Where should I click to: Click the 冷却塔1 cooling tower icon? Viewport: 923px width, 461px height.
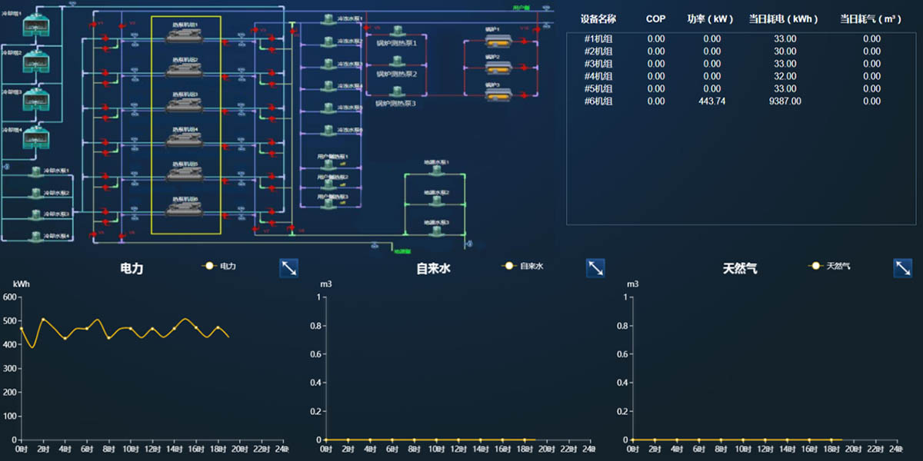(x=35, y=26)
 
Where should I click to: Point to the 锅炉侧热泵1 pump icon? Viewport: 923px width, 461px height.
(x=397, y=32)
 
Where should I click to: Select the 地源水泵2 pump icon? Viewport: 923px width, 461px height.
(x=436, y=201)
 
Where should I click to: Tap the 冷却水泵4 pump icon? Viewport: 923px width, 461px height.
(x=35, y=236)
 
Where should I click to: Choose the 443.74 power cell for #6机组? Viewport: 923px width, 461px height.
(x=711, y=101)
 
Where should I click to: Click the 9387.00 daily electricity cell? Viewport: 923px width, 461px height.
(x=785, y=101)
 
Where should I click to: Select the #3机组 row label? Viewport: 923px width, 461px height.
(x=598, y=64)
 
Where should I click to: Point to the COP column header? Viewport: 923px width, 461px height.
(x=655, y=18)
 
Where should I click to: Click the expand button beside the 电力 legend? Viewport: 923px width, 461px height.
(x=288, y=267)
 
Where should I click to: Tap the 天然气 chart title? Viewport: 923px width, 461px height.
(x=740, y=269)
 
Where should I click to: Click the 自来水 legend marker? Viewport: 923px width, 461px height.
(x=508, y=267)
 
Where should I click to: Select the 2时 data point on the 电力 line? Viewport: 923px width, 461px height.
(x=43, y=319)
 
